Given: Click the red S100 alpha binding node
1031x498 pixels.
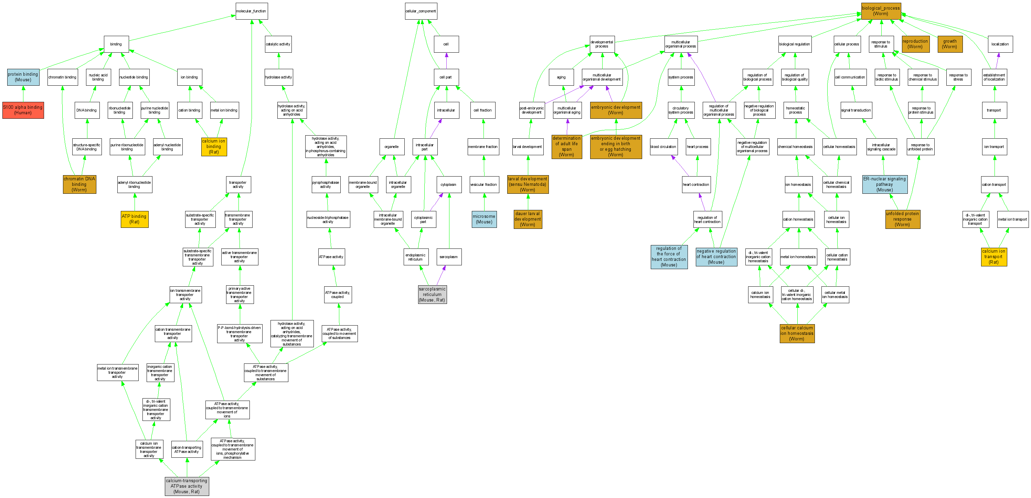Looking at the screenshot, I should [23, 110].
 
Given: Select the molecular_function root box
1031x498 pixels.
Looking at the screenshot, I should [251, 11].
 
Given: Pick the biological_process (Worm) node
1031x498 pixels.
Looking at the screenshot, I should [881, 11].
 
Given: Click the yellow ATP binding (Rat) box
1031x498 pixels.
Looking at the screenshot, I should [135, 219].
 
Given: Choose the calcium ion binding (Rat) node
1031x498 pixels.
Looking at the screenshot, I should [214, 147].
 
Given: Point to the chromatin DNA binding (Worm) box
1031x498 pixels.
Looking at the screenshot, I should [79, 184].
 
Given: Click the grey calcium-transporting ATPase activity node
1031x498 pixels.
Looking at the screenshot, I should [187, 486].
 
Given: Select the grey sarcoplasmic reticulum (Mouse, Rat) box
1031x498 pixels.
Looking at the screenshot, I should [432, 294].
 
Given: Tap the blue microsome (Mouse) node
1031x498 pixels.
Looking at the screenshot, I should [484, 219].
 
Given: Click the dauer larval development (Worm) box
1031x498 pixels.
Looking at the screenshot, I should [528, 219].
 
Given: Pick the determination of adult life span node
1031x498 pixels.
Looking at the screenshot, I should [566, 147].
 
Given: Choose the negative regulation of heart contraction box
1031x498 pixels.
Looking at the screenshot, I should [716, 257].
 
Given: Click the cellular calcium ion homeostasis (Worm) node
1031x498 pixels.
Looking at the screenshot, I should [797, 333].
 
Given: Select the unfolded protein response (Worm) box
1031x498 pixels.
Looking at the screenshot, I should [902, 219].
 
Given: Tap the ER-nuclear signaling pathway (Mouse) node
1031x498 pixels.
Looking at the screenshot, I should [884, 184].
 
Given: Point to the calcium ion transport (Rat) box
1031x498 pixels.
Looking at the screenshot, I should [993, 257].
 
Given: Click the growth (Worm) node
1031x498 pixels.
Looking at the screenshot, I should [950, 44].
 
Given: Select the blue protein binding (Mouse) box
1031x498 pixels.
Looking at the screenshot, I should [23, 77].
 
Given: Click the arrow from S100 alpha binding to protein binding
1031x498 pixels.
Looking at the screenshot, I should [23, 94].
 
